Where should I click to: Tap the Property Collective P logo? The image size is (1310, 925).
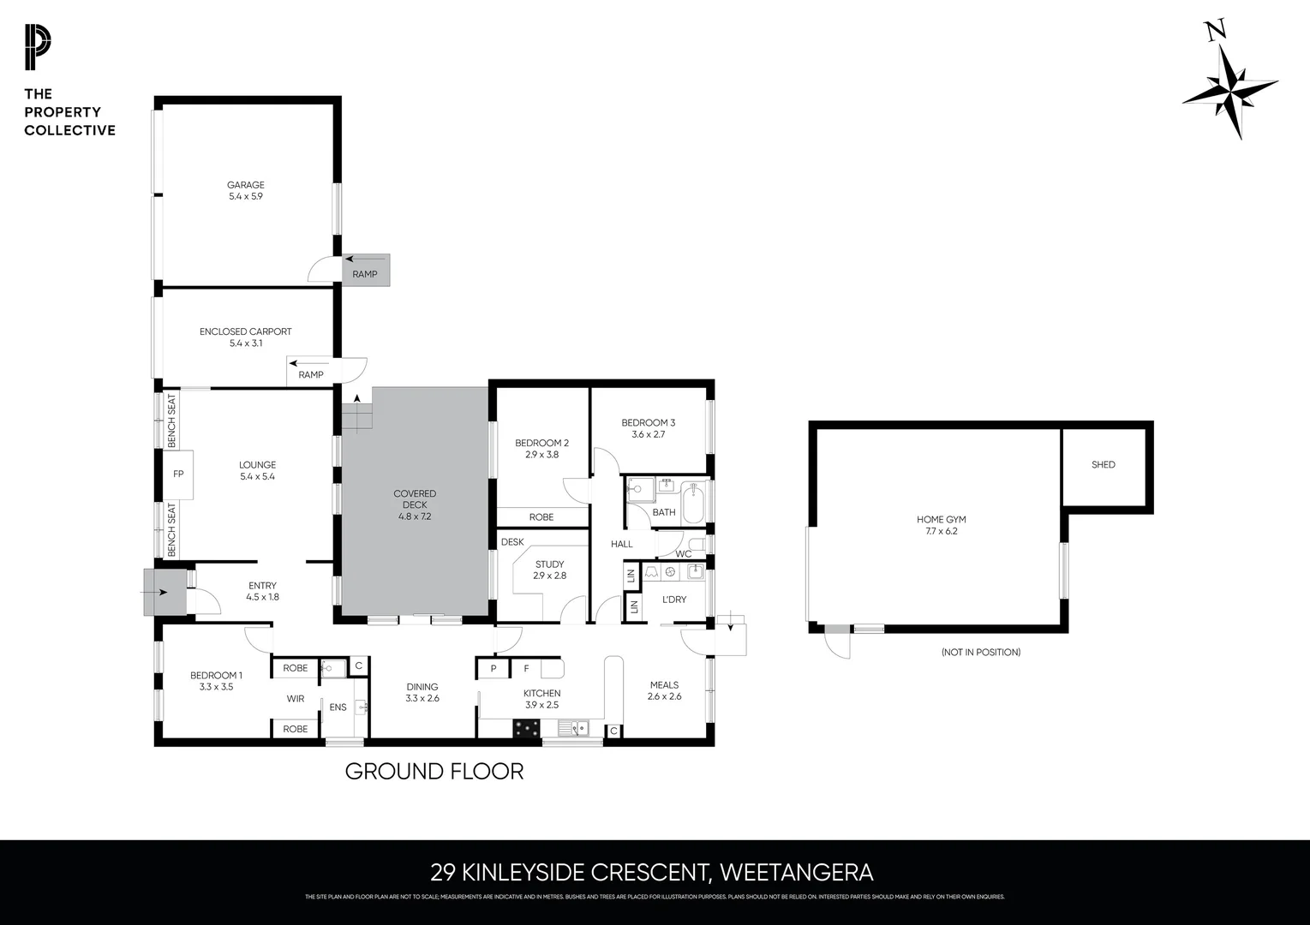click(x=37, y=48)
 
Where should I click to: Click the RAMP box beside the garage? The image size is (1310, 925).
click(x=366, y=270)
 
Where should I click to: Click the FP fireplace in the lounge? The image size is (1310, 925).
click(x=179, y=474)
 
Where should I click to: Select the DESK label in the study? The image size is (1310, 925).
click(x=512, y=542)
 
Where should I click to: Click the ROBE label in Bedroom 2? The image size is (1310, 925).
click(x=541, y=517)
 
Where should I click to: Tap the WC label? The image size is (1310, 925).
click(x=683, y=554)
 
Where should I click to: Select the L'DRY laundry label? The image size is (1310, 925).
click(x=674, y=600)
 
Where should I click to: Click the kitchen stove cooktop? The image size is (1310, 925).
click(x=526, y=728)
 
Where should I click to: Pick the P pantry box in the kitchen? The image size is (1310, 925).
click(x=493, y=668)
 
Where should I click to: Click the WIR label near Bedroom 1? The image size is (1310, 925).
click(x=296, y=699)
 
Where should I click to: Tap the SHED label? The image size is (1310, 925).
click(x=1104, y=465)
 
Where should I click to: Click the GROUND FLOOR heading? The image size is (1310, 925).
click(x=434, y=772)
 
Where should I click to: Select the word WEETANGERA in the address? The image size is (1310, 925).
click(x=796, y=873)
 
